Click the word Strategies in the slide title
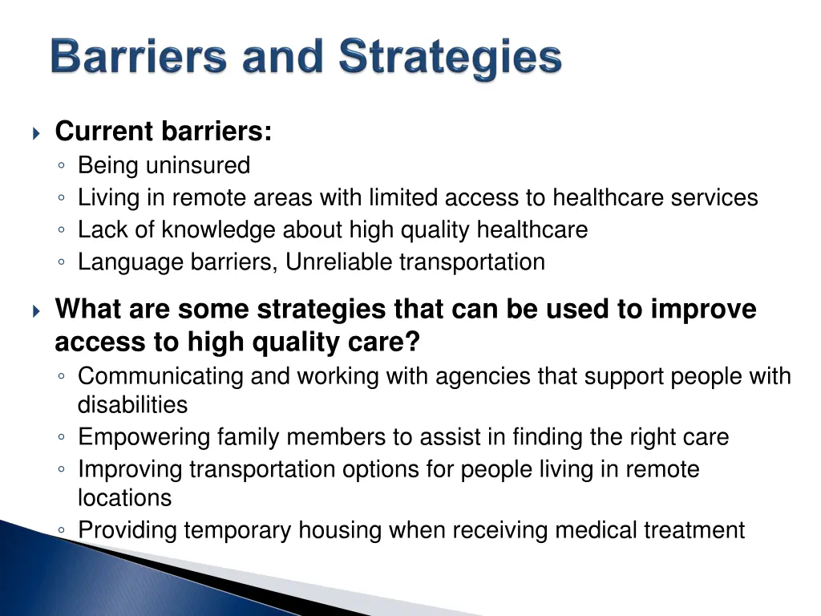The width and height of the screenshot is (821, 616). click(450, 59)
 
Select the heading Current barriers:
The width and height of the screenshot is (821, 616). click(164, 131)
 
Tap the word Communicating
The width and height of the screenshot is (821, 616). click(160, 375)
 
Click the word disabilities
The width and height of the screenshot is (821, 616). click(132, 404)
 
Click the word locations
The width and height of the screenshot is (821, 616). click(124, 497)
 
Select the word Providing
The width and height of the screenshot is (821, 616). click(128, 530)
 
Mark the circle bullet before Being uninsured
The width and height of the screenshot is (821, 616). click(63, 166)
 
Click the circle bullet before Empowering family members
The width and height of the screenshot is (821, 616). click(63, 438)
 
